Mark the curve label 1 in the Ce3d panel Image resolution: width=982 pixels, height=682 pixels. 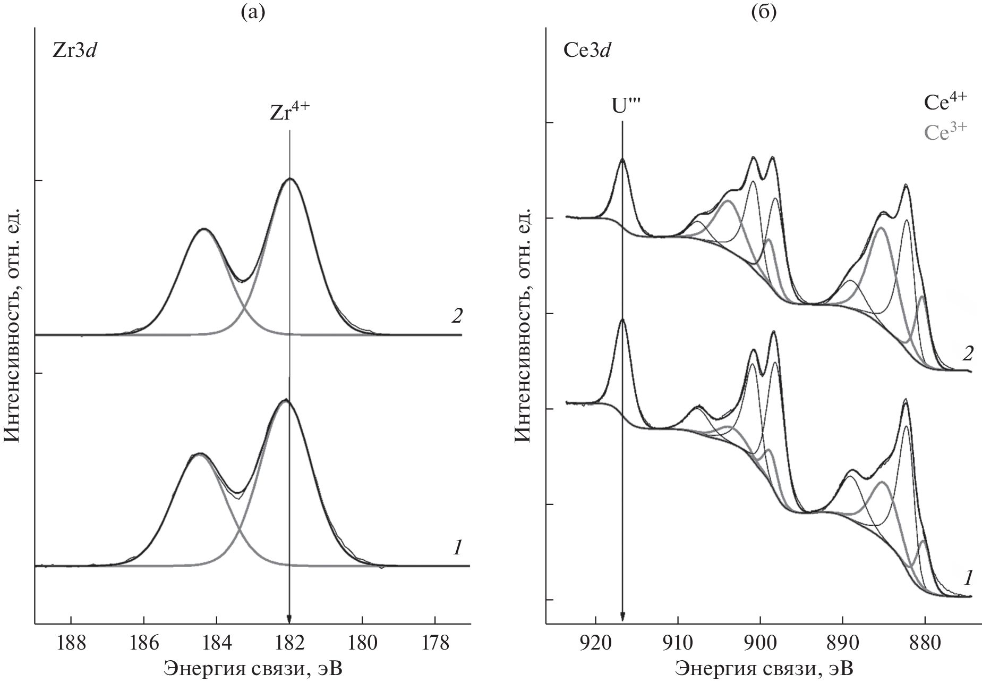pos(968,577)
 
